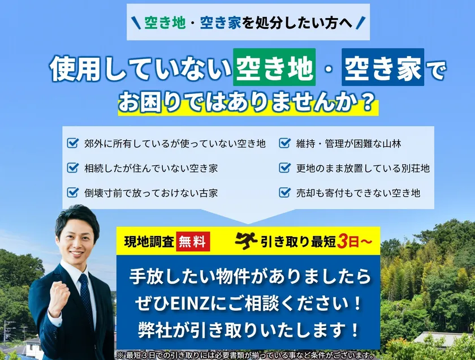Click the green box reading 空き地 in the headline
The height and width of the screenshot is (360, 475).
click(274, 67)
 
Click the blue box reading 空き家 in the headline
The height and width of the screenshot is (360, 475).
click(383, 67)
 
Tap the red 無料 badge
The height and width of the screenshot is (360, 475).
click(193, 242)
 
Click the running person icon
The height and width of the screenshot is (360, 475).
click(245, 241)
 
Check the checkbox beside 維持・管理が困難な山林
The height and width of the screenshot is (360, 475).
click(284, 143)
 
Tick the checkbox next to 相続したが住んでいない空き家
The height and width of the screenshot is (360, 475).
click(73, 168)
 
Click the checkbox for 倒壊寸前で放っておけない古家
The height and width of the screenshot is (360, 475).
click(73, 192)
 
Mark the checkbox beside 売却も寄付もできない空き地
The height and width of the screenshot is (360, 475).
click(284, 192)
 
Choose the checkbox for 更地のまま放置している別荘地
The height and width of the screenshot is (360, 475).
click(284, 168)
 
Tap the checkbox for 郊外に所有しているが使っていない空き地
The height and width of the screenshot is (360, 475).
click(73, 143)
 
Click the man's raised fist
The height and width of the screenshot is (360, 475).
click(59, 295)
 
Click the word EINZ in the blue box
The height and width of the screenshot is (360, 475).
click(190, 304)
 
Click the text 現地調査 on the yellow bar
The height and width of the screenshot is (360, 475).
click(149, 242)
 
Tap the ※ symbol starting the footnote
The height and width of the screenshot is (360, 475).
click(120, 355)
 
